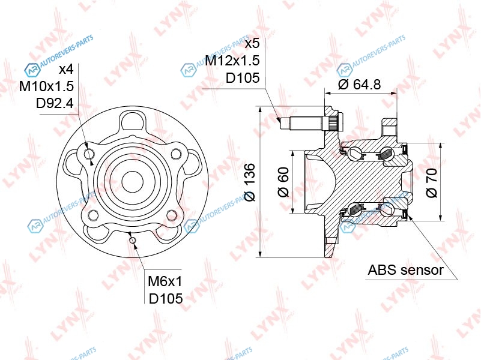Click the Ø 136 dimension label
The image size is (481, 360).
pyautogui.click(x=250, y=182)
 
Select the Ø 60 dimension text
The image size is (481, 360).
pyautogui.click(x=283, y=182)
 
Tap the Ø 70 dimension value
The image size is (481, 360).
pyautogui.click(x=432, y=183)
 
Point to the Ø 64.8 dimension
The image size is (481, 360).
pyautogui.click(x=359, y=84)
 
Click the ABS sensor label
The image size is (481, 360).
pyautogui.click(x=405, y=270)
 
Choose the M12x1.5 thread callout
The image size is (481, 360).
pyautogui.click(x=232, y=61)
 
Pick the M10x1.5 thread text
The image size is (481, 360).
pyautogui.click(x=46, y=86)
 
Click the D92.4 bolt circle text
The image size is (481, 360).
pyautogui.click(x=55, y=104)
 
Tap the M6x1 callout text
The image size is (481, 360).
pyautogui.click(x=165, y=281)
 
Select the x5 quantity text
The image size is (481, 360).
pyautogui.click(x=252, y=44)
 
